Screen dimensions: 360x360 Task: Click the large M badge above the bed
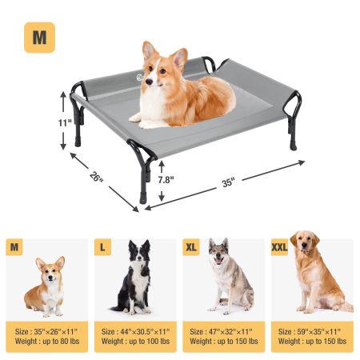pos(39,38)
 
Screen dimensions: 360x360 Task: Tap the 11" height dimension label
pos(65,123)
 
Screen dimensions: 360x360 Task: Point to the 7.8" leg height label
pos(166,179)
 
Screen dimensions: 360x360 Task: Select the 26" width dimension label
pos(96,177)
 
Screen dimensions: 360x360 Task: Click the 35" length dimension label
pos(228,183)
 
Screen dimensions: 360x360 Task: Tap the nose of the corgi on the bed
pos(149,82)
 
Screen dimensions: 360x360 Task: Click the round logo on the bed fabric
pos(139,78)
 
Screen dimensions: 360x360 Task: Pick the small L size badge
pos(102,247)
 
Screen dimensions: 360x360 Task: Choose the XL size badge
pos(191,247)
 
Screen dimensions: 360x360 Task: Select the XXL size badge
pos(279,247)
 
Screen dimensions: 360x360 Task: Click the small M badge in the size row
pos(14,247)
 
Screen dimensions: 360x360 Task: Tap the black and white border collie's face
pos(138,255)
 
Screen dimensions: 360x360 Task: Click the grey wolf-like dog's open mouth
pos(218,261)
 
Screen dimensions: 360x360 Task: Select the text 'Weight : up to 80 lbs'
pos(47,341)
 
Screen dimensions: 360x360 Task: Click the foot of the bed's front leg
pos(143,199)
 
